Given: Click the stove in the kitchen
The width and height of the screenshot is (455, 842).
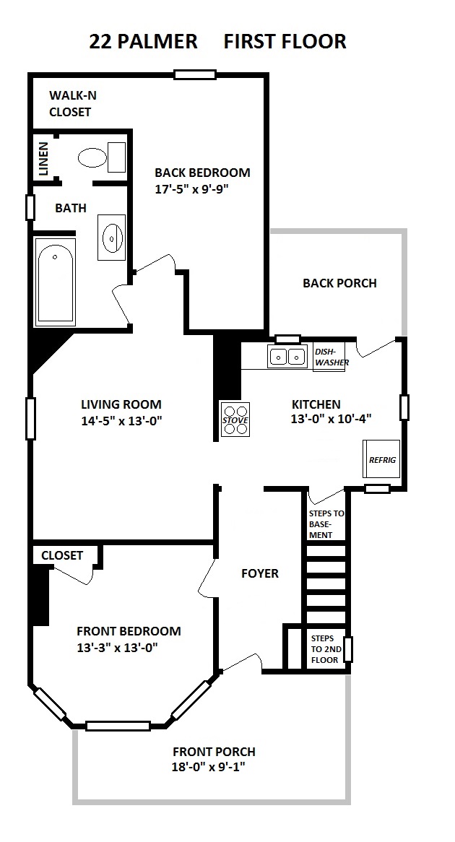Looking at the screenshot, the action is [235, 419].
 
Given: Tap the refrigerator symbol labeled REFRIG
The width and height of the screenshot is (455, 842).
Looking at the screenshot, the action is [382, 459].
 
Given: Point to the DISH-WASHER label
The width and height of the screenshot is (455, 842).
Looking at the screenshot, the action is [331, 357].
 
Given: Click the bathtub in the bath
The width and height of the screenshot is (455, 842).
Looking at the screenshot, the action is [55, 282].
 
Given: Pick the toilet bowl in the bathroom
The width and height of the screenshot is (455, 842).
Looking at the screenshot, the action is [93, 158].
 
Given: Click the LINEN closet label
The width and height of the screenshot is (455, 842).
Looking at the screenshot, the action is [43, 158].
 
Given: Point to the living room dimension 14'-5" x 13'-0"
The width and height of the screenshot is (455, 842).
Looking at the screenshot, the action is [121, 421].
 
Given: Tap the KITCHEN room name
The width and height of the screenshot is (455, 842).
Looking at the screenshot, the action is [316, 404].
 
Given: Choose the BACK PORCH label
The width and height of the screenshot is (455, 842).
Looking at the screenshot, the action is [339, 283].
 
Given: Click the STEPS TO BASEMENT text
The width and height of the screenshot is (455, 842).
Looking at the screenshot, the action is [326, 524].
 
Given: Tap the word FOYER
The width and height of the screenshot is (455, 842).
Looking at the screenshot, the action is [260, 573].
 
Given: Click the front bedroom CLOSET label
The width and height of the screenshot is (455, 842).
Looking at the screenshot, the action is [62, 555].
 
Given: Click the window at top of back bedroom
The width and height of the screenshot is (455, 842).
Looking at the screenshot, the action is [195, 74].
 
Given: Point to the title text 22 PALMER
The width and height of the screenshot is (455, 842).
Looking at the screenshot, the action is [144, 41].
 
